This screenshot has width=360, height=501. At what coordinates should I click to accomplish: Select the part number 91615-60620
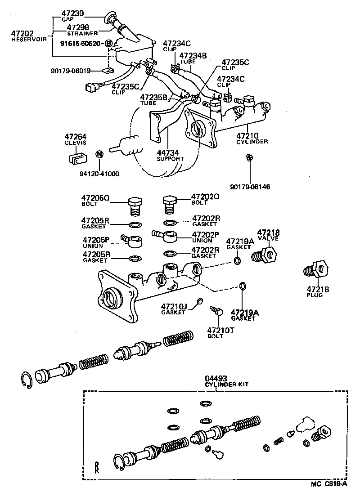[x=81, y=44]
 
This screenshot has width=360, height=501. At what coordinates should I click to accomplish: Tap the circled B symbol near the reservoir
[x=108, y=44]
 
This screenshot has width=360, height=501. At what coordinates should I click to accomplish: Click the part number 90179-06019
[x=71, y=71]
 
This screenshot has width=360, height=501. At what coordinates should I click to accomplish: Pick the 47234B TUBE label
[x=193, y=58]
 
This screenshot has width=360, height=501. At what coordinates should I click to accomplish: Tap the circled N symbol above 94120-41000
[x=100, y=155]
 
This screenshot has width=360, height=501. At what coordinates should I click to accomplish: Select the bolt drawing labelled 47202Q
[x=169, y=205]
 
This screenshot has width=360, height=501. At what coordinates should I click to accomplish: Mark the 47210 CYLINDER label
[x=252, y=138]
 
